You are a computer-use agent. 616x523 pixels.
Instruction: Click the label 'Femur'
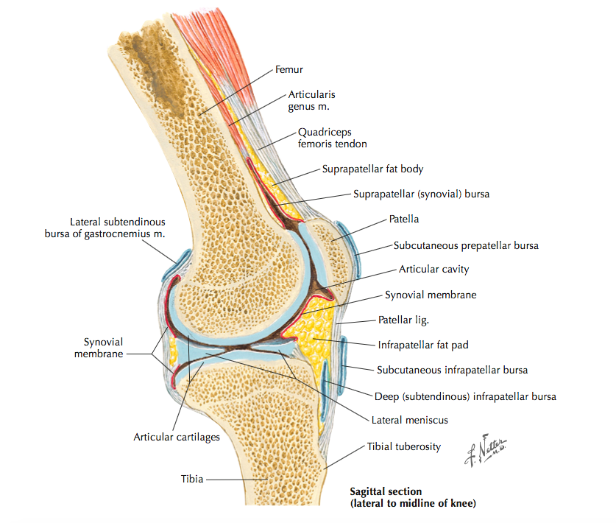pos(289,70)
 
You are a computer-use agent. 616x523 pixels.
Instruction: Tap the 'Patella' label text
pos(404,220)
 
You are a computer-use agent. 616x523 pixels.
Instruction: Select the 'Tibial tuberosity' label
pos(404,446)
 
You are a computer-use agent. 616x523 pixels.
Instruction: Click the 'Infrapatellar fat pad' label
pos(423,344)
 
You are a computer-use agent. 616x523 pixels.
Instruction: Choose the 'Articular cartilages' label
pos(177,437)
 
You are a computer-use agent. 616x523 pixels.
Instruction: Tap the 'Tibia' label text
pos(192,478)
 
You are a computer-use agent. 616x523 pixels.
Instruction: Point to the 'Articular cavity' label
pos(433,270)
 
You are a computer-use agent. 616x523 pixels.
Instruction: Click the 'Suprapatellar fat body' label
pos(372,169)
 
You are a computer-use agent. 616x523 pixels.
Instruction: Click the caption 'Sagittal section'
pos(386,491)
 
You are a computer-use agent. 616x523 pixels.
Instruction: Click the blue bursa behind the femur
pos(179,264)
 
